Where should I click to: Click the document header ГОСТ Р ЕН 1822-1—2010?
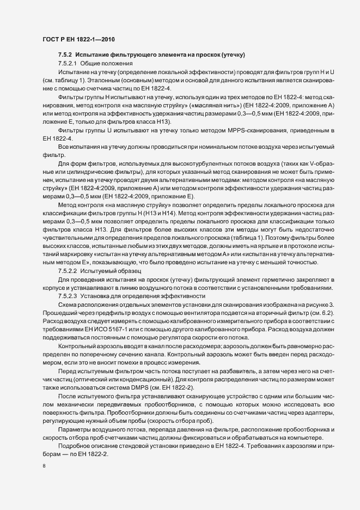pyautogui.click(x=78, y=39)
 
